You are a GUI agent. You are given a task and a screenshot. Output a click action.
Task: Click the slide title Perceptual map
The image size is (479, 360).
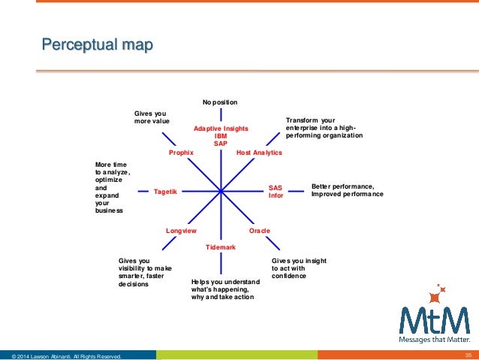point(97,47)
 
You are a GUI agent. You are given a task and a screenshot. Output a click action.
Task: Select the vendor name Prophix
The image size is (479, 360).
point(182,153)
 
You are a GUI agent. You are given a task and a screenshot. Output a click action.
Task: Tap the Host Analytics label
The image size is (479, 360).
point(259,153)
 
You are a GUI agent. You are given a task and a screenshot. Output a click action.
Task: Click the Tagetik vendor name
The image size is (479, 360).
point(165,192)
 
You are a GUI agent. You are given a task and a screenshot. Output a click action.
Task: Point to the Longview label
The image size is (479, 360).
point(181,230)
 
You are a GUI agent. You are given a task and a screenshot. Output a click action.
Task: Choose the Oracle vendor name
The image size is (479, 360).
point(259,230)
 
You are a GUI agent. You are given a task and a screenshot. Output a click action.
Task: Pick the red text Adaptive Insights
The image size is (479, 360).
point(221,129)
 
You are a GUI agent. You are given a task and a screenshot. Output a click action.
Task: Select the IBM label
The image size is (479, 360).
point(221,136)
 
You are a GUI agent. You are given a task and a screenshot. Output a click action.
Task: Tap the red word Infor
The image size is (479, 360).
point(276,195)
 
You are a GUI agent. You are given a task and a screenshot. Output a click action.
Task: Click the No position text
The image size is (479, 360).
point(220,101)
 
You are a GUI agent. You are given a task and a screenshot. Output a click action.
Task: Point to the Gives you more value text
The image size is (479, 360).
point(152,116)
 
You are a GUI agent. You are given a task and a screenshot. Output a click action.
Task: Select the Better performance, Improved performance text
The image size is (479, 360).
point(347,190)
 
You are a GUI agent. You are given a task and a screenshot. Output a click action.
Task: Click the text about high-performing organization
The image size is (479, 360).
point(324,128)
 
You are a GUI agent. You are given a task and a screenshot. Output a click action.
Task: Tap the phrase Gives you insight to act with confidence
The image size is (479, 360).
point(298,268)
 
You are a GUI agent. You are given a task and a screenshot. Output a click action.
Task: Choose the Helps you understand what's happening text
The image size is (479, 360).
point(225,289)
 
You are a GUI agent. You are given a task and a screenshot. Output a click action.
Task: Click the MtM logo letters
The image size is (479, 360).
point(434,319)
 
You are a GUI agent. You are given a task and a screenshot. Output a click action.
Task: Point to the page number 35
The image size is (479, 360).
point(467,355)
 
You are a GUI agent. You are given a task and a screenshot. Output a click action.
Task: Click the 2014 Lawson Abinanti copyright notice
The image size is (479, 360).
point(62,355)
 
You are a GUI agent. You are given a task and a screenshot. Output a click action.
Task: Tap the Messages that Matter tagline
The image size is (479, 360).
point(435,339)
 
